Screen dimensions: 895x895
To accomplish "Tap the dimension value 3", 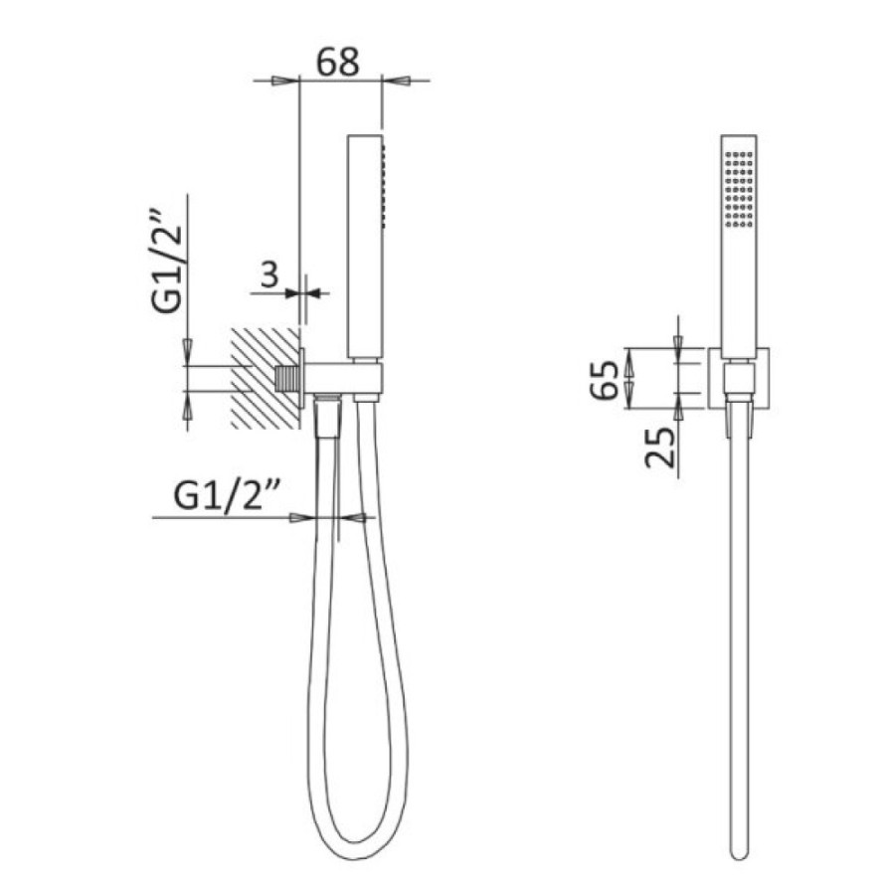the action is [x=269, y=274].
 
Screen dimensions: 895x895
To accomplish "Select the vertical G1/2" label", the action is [x=167, y=264].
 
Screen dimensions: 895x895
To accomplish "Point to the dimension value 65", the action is [x=604, y=380].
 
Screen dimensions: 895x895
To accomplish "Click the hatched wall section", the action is [x=265, y=378].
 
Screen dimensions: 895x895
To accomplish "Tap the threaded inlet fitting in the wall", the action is [x=287, y=379].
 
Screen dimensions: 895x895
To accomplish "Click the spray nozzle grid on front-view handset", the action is [x=739, y=188].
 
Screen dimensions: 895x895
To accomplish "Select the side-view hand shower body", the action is [x=365, y=247].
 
